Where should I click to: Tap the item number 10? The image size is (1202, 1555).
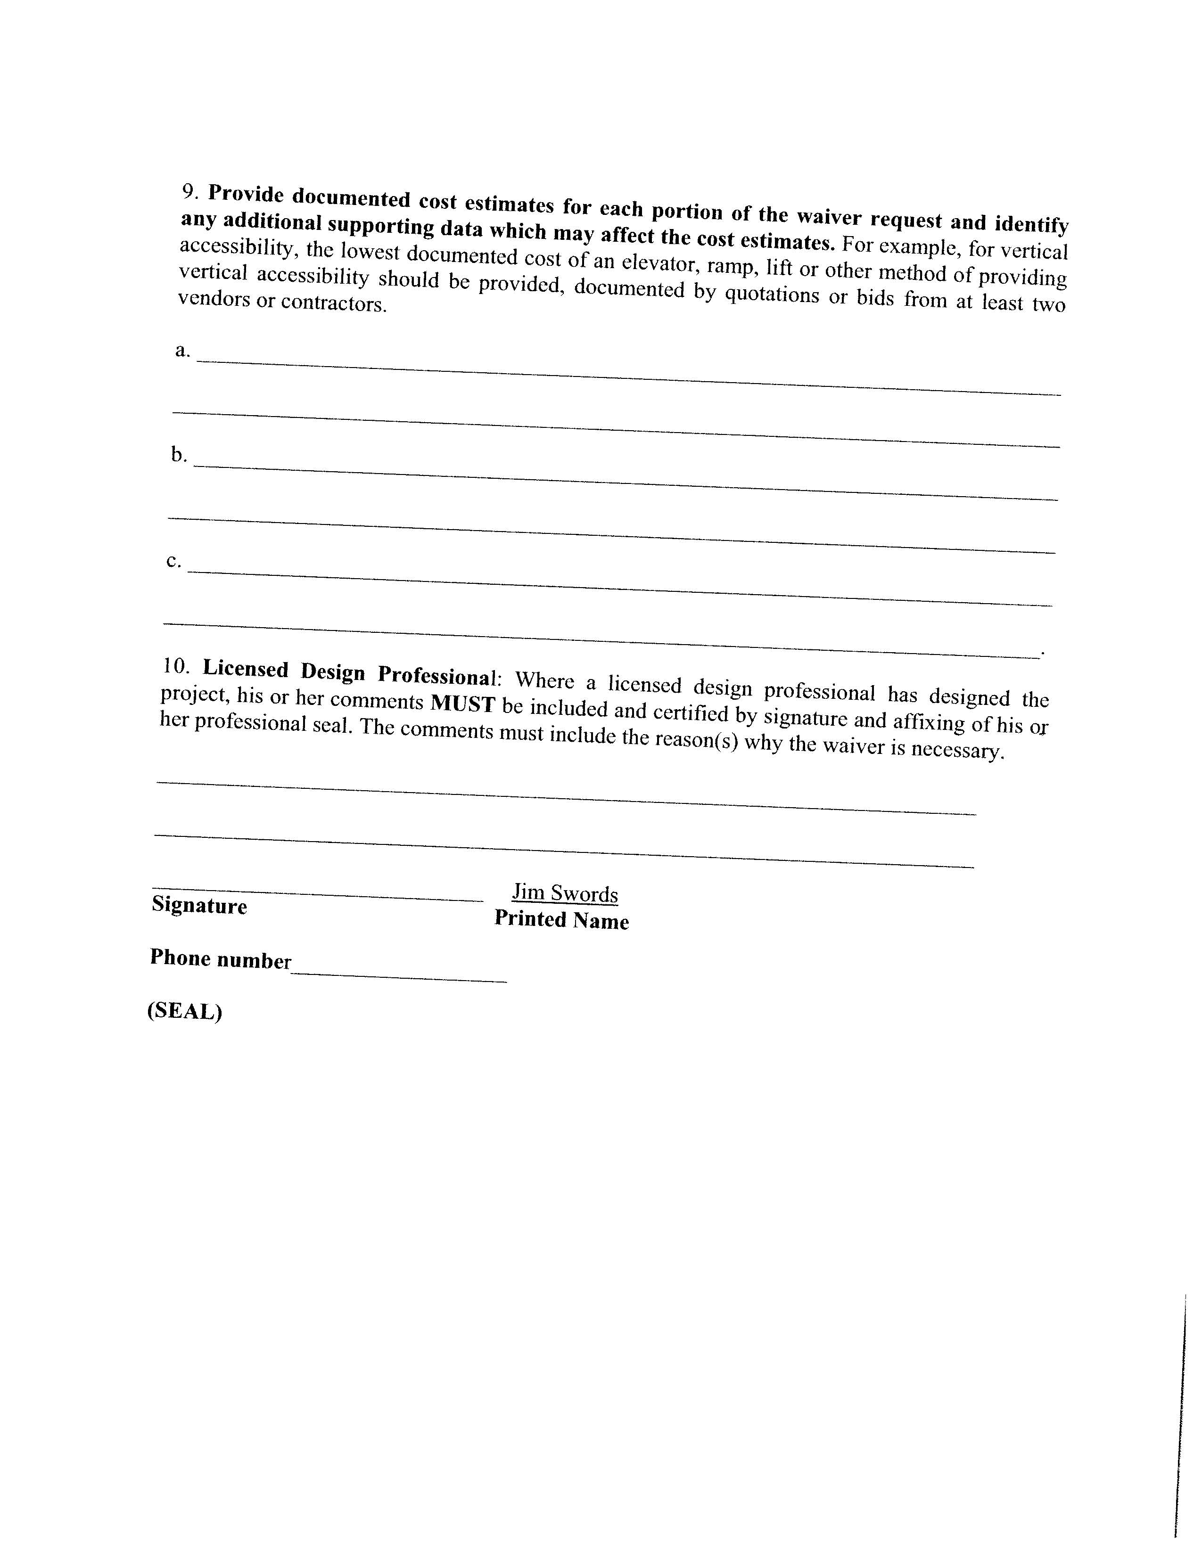click(176, 666)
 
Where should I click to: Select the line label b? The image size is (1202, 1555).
click(178, 454)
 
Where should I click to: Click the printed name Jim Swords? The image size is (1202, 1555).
click(565, 893)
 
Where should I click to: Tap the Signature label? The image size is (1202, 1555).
click(199, 906)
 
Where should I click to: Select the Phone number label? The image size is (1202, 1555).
click(221, 959)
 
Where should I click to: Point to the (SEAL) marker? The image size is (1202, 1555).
click(184, 1012)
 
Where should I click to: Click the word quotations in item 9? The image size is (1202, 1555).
click(772, 295)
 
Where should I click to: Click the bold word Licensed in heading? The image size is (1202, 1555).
click(246, 669)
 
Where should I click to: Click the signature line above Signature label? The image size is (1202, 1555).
click(317, 896)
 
